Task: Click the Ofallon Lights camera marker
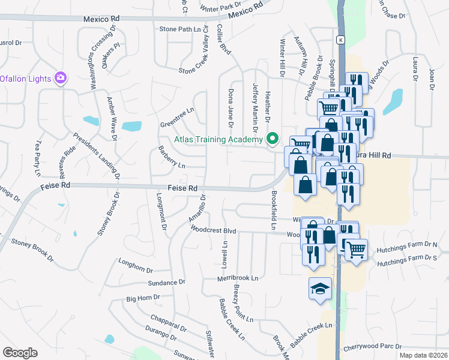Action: click(60, 77)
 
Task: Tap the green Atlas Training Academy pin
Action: click(273, 139)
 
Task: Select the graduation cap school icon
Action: click(320, 289)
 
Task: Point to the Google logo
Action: click(20, 353)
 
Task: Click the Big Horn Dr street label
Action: click(143, 298)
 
